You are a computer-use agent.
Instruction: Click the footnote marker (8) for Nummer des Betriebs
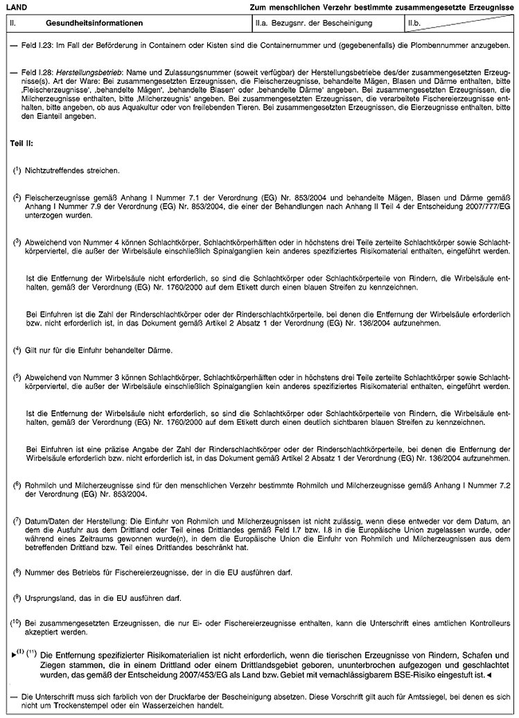16,573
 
